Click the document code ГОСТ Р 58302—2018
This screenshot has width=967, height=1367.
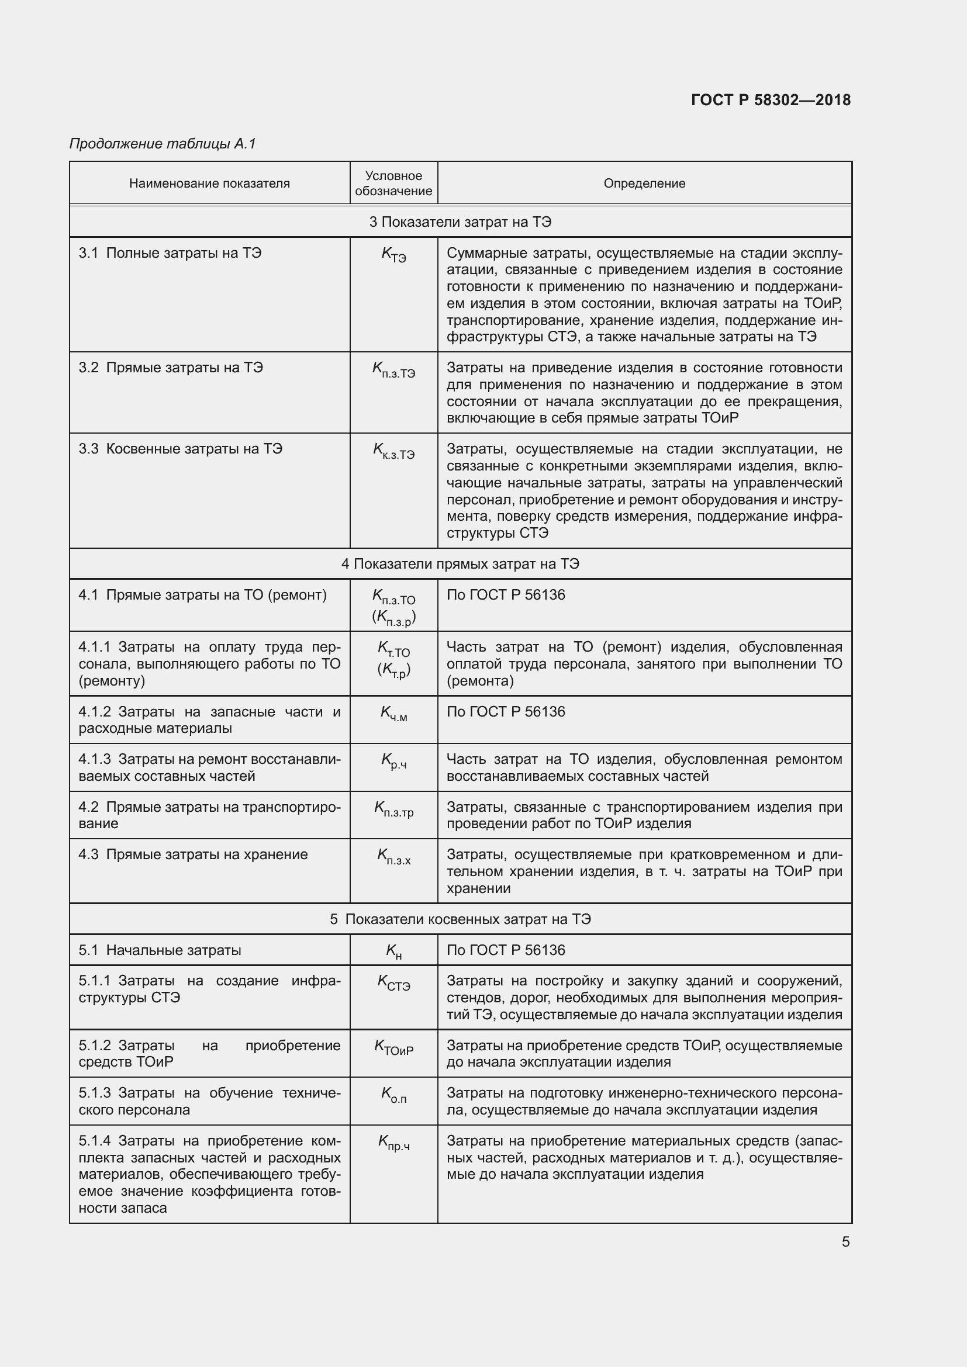pos(771,100)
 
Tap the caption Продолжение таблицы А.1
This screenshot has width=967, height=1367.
pos(163,144)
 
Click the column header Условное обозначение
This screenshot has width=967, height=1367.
pos(393,184)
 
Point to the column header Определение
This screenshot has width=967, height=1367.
pos(644,184)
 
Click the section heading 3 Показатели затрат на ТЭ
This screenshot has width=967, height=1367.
pos(460,222)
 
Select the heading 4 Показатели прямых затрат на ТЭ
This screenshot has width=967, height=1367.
pos(460,564)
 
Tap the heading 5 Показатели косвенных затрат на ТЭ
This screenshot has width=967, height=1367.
pos(460,919)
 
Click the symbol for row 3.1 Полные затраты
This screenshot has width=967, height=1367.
pos(393,255)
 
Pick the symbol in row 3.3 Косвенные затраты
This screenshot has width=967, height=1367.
pos(393,450)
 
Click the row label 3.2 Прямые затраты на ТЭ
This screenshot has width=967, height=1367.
pos(170,368)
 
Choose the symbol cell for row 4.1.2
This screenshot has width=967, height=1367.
pos(393,714)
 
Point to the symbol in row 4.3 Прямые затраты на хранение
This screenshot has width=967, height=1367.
pos(393,857)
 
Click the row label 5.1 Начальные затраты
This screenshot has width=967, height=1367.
pos(160,950)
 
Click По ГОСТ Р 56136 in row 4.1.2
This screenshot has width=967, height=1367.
pos(506,712)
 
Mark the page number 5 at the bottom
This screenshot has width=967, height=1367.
pos(845,1242)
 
